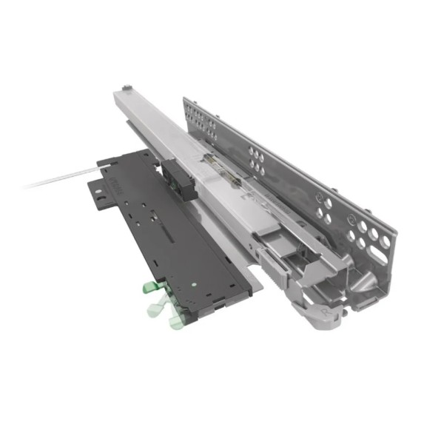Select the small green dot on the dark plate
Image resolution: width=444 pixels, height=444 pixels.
point(192,284)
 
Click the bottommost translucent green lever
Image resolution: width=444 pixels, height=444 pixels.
point(176,320)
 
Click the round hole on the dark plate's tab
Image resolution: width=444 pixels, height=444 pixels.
point(96,198)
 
